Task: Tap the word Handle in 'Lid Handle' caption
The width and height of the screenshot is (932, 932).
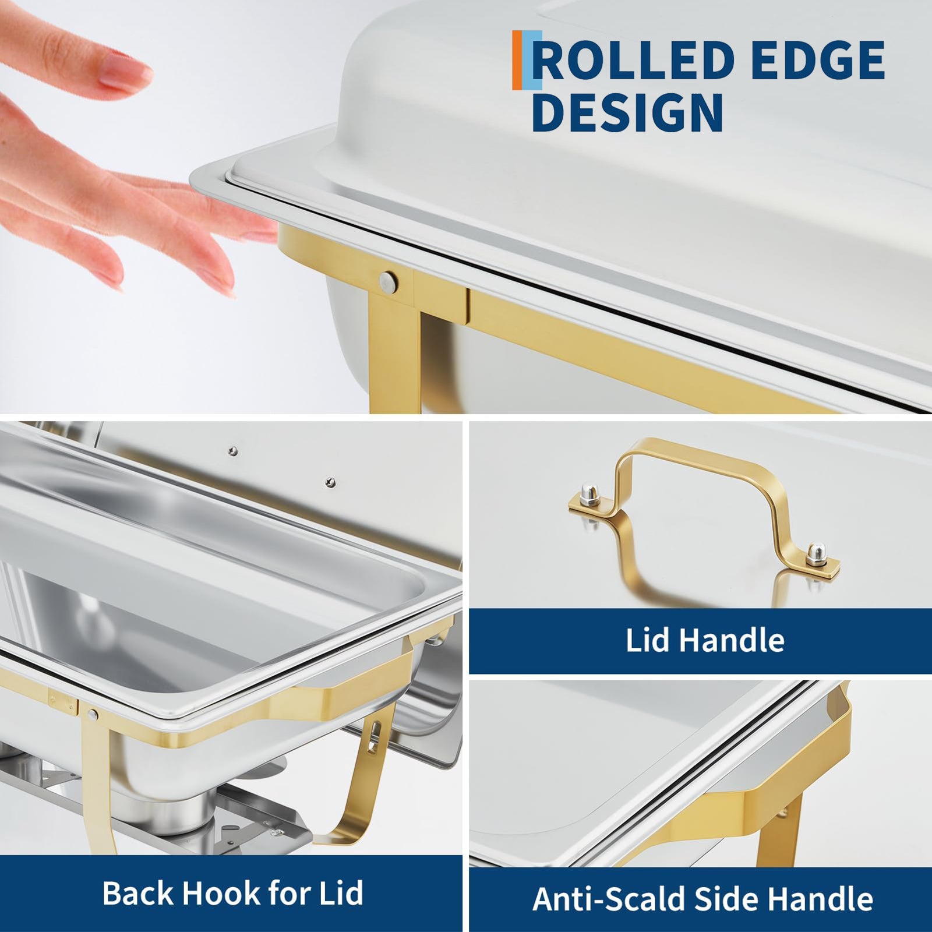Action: (732, 640)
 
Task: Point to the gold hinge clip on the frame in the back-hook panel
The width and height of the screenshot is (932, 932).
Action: (63, 702)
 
